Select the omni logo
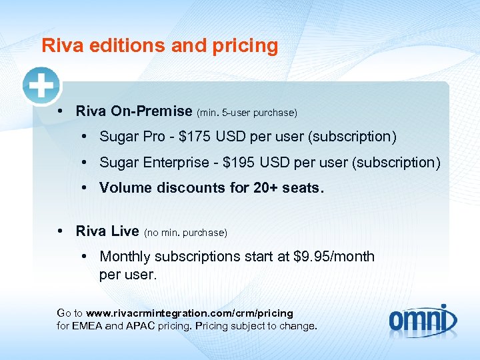point(423,318)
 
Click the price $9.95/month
point(334,257)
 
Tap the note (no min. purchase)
point(185,233)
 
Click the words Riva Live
point(107,231)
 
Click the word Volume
point(126,187)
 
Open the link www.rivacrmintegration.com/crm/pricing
point(189,313)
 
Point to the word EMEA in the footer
point(91,326)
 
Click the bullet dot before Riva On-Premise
point(61,111)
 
